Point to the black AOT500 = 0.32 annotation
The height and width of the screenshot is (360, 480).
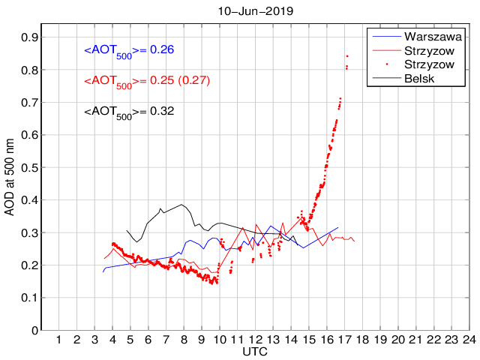pos(129,112)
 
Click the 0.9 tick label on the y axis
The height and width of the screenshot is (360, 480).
pos(30,37)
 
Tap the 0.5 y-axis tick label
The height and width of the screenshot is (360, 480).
pos(30,167)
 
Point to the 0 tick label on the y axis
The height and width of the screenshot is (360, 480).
pos(34,330)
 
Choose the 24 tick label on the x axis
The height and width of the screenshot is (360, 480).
pos(469,340)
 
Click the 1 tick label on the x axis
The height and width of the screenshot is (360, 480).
pos(59,340)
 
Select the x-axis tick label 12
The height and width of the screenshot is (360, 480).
pos(256,340)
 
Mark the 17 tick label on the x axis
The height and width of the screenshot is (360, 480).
pos(345,340)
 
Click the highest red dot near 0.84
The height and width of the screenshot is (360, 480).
pos(347,56)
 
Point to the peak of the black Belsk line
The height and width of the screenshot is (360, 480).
pos(182,204)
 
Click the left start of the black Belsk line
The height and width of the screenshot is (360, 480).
pos(127,230)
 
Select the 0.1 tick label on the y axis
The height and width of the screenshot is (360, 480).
pos(30,298)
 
